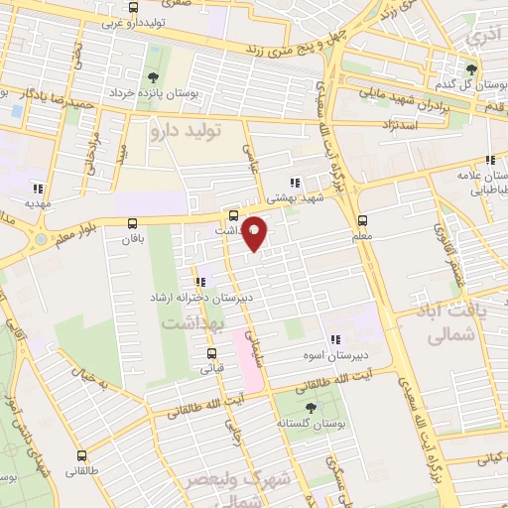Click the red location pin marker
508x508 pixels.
tap(255, 232)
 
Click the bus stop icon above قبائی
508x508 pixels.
tap(210, 353)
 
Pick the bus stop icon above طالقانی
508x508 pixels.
tap(81, 457)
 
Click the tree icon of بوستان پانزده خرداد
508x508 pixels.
tap(152, 76)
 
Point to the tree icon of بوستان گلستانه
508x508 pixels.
tap(314, 407)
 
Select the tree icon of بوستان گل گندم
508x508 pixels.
tap(471, 69)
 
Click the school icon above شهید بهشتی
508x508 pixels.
tap(294, 182)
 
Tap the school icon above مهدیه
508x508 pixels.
tap(39, 189)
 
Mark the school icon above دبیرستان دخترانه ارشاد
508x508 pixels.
tap(201, 281)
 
